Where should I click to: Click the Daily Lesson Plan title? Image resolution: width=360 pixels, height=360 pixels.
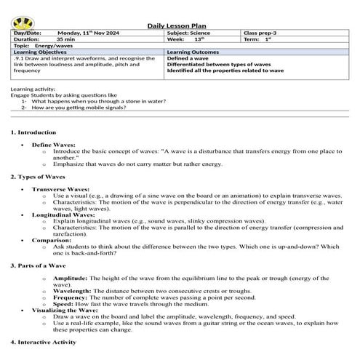[x=180, y=25]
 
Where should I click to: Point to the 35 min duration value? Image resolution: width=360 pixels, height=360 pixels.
[x=68, y=40]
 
